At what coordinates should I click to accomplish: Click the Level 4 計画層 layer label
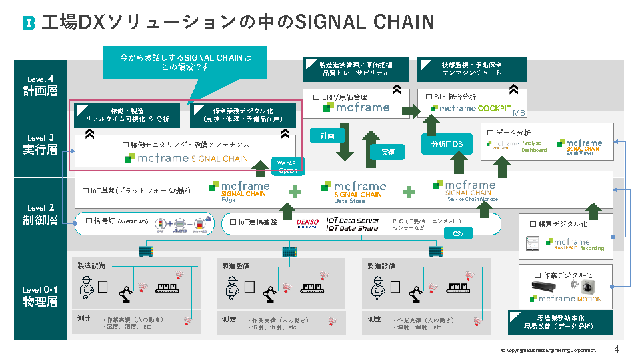click(40, 86)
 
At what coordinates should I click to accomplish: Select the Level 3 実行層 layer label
click(40, 144)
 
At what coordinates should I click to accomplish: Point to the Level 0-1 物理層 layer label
click(40, 296)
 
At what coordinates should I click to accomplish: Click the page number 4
click(617, 349)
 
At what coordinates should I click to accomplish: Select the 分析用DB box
click(447, 144)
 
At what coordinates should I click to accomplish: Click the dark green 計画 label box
click(327, 135)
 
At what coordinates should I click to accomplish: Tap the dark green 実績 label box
click(387, 152)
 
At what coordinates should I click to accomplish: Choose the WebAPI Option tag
click(287, 165)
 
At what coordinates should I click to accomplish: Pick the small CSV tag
click(458, 234)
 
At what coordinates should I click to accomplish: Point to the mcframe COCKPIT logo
click(475, 108)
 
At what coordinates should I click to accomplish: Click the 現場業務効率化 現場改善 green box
click(561, 322)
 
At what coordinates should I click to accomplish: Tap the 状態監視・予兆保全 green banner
click(471, 69)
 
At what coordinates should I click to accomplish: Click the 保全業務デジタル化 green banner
click(243, 115)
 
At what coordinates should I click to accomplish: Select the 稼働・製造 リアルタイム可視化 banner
click(126, 115)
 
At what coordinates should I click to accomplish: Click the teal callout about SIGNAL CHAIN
click(185, 63)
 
